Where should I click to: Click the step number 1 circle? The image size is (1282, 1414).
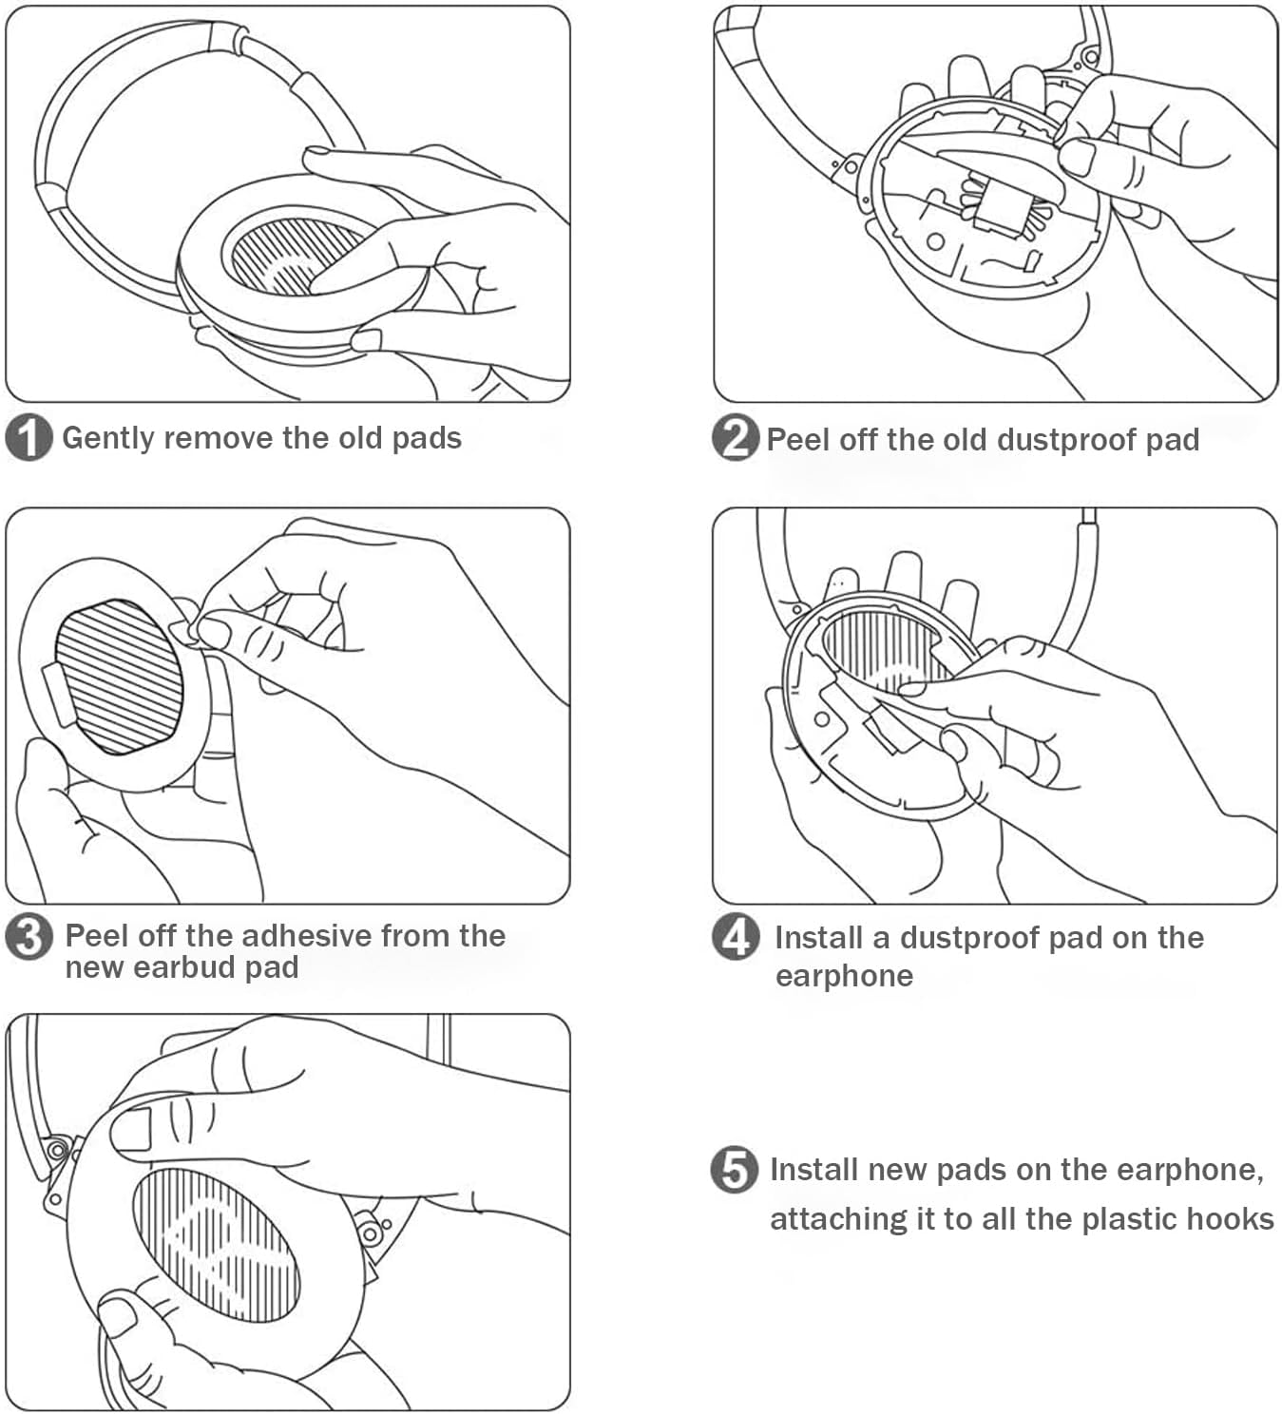[29, 438]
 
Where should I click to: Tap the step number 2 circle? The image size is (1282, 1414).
[735, 438]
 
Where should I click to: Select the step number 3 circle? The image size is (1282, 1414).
[29, 937]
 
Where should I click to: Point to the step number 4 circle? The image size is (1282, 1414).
[736, 937]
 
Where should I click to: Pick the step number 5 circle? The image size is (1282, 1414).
[735, 1169]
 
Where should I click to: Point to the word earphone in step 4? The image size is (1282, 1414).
[844, 976]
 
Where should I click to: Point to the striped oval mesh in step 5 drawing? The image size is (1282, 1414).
[217, 1245]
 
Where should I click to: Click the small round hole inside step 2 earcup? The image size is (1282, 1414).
[936, 241]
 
